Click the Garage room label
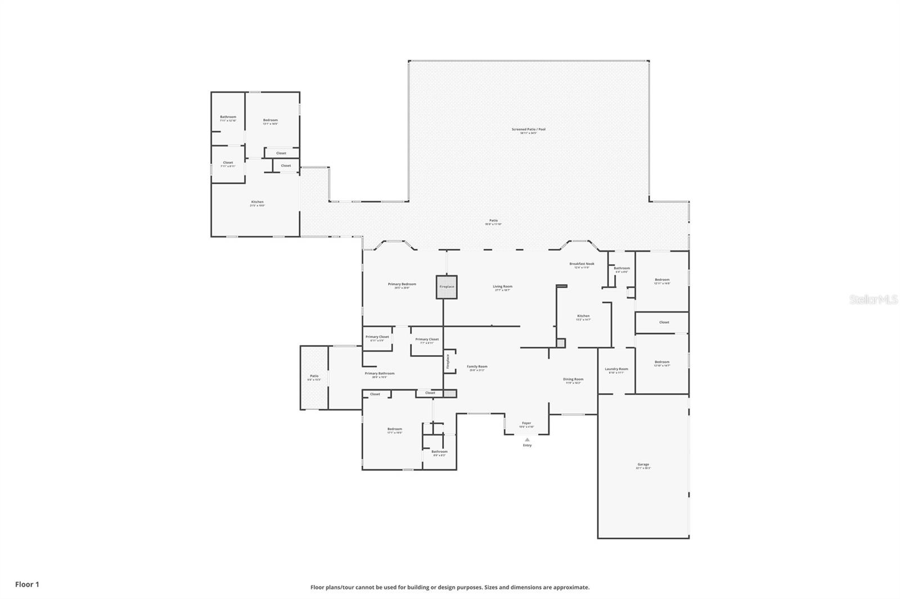[643, 465]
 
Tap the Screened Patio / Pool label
[528, 130]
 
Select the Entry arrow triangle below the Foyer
[527, 440]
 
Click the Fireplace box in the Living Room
[447, 287]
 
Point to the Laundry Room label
[616, 369]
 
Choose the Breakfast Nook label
[582, 264]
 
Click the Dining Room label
[573, 379]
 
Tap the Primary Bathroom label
[379, 374]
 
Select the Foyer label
[526, 423]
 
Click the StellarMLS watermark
[873, 299]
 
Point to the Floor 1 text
[27, 584]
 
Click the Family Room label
[477, 367]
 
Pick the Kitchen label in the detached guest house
[257, 202]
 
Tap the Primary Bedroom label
[402, 284]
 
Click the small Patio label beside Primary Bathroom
[314, 376]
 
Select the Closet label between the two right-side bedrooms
[664, 323]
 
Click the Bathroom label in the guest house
[228, 117]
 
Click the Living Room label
[502, 287]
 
